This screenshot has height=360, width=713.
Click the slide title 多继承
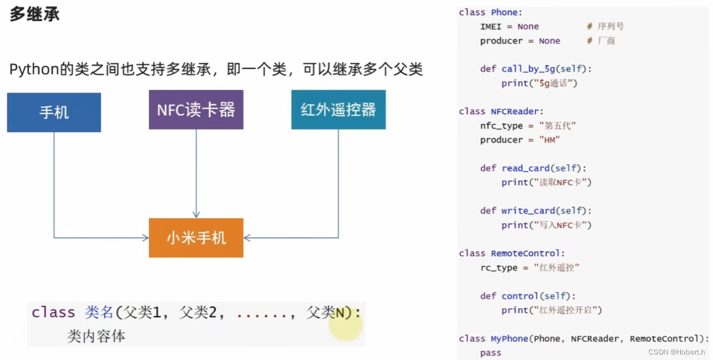coord(34,14)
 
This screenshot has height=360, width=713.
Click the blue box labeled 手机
coord(54,113)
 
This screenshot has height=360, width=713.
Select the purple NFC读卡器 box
coord(196,110)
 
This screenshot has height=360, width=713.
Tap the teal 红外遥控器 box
coord(338,110)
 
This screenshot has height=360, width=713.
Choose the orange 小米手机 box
coord(196,238)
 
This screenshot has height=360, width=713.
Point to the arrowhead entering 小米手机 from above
coord(196,214)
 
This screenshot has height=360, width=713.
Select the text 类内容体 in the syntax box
coord(96,336)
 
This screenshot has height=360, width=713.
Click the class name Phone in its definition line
coord(504,12)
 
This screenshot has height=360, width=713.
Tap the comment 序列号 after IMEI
coord(611,26)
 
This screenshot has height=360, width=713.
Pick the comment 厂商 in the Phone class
coord(607,40)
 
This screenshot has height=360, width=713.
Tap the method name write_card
coord(528,211)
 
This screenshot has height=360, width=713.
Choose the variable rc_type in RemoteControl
coord(499,268)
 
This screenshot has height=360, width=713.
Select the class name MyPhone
coord(509,339)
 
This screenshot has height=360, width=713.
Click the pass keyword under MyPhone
coord(491,353)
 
